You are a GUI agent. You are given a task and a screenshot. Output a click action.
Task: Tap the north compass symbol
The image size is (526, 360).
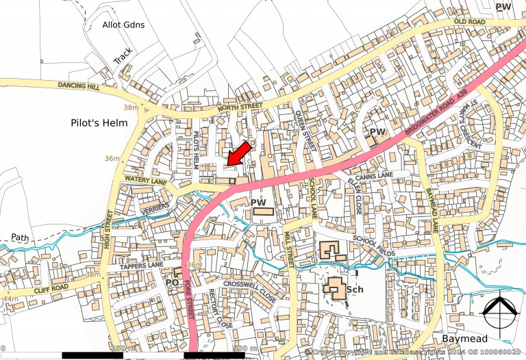tap(499, 311)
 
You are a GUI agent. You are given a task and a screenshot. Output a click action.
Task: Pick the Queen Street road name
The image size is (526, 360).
tap(306, 129)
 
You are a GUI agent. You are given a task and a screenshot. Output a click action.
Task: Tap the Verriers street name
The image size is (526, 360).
tap(151, 205)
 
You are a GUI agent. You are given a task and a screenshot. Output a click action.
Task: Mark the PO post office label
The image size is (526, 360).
tap(173, 282)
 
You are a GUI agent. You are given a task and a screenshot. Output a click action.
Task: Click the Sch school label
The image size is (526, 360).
tap(354, 290)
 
